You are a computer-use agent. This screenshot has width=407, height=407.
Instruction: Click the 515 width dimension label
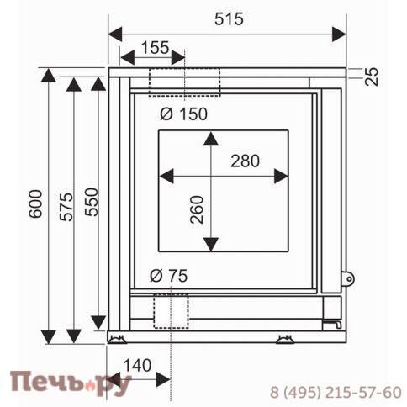(x=229, y=19)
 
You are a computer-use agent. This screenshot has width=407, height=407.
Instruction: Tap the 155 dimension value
(x=155, y=48)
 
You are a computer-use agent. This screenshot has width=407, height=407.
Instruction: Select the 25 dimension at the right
(x=372, y=77)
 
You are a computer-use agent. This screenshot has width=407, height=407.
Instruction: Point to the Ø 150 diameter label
(x=183, y=114)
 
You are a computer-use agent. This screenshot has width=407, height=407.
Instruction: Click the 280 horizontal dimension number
(x=246, y=161)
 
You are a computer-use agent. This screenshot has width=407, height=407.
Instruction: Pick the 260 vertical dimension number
(x=197, y=209)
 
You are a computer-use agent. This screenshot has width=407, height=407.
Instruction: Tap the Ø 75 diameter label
(x=168, y=276)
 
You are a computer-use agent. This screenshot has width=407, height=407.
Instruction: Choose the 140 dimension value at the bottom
(x=137, y=366)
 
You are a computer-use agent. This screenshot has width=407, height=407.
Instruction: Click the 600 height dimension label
(x=35, y=203)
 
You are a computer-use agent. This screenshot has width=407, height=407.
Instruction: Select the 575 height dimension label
(x=66, y=207)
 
